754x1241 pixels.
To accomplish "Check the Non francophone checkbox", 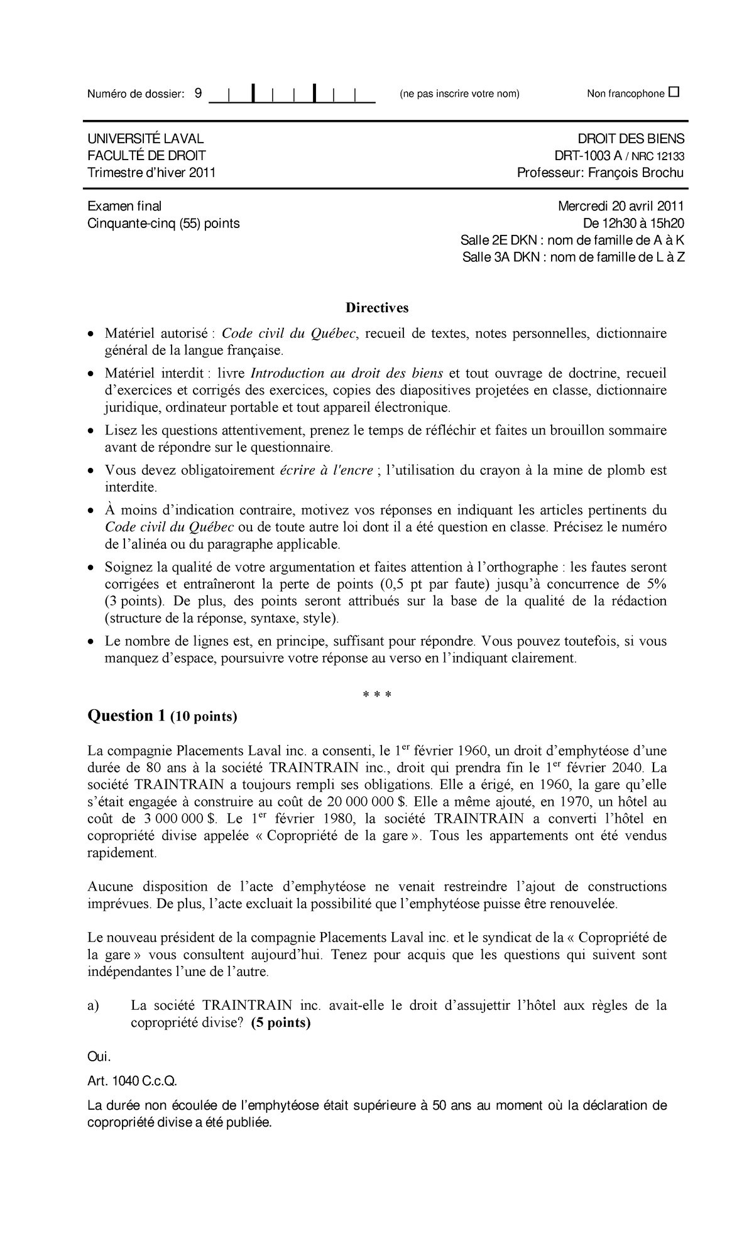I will [674, 93].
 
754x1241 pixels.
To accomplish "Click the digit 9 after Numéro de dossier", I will [198, 94].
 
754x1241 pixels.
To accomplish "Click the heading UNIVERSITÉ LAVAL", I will [145, 139].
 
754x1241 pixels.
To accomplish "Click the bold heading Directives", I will [376, 308].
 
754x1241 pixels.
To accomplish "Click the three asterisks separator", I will [377, 695].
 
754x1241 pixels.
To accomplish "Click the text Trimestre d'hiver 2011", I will [151, 173].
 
